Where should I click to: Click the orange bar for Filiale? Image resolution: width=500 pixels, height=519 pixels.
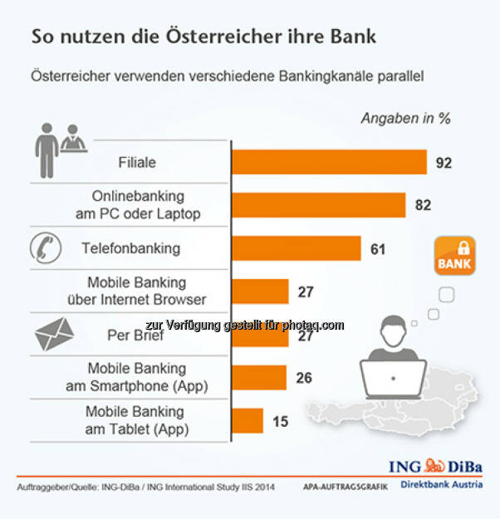coord(329,162)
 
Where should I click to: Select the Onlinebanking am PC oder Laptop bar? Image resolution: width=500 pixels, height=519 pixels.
coord(318,205)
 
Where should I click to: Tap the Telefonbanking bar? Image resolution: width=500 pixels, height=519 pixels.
coord(296,248)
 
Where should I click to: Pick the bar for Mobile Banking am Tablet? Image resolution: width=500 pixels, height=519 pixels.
coord(247,421)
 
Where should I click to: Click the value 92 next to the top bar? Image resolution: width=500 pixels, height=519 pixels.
coord(444,163)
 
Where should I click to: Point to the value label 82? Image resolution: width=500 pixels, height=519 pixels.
coord(423,205)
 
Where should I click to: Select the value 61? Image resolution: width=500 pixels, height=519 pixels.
coord(378,248)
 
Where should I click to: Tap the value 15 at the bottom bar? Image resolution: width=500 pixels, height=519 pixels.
coord(280,422)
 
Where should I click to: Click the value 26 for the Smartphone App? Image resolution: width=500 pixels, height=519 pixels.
coord(303,378)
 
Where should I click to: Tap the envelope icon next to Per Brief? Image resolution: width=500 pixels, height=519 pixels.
coord(54,335)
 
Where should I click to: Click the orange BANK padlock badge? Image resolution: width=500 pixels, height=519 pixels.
coord(453,255)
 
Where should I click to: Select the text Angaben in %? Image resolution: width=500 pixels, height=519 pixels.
coord(405,118)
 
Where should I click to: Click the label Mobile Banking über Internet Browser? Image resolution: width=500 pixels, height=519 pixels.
coord(147,291)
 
